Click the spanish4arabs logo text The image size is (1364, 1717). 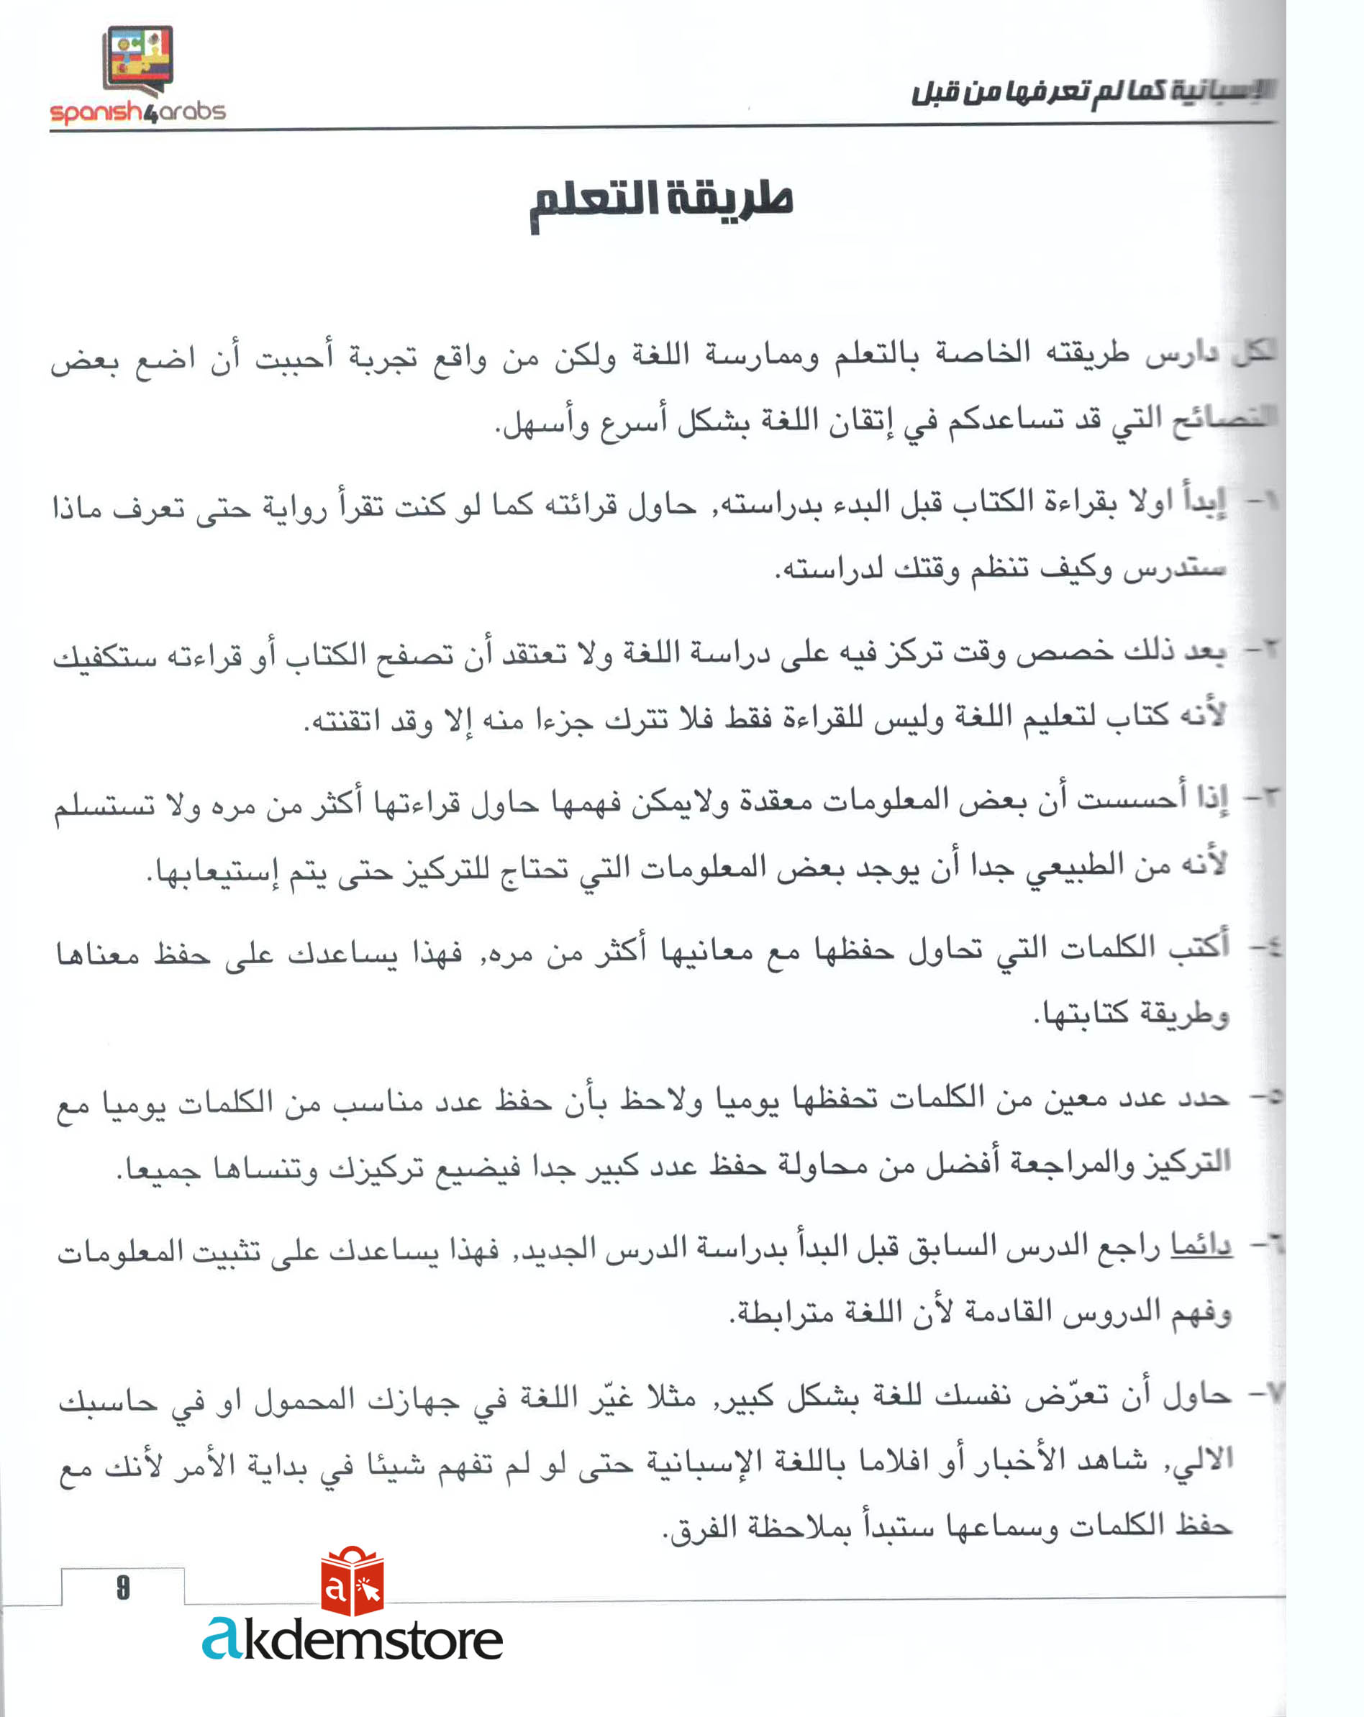137,111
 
